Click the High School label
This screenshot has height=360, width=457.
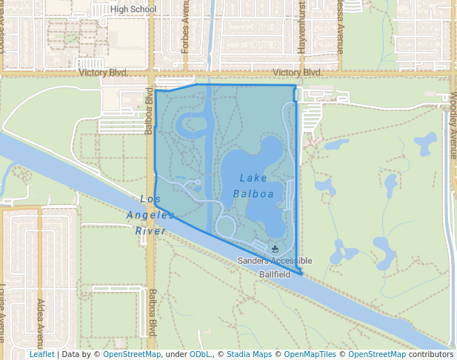click(x=134, y=9)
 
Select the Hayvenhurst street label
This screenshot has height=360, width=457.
click(x=301, y=28)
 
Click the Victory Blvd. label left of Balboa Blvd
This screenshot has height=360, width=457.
click(x=103, y=73)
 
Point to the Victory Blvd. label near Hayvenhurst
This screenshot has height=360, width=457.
click(x=297, y=73)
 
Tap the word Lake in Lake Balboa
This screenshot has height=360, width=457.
click(x=253, y=178)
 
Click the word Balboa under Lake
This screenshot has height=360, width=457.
click(x=253, y=194)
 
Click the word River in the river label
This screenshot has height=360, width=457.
click(x=150, y=230)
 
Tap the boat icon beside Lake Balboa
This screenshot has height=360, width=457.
click(x=276, y=249)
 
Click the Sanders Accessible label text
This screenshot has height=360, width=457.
click(x=275, y=261)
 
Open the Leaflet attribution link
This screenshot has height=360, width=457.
click(x=42, y=354)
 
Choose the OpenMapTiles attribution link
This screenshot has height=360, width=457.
click(x=310, y=354)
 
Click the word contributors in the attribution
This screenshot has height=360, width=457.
click(x=431, y=354)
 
